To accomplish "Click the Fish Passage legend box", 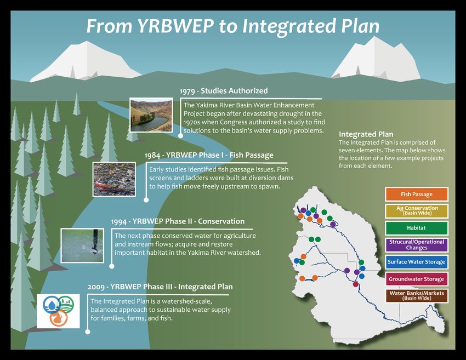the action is [416, 195].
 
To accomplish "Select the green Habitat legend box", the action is [416, 228].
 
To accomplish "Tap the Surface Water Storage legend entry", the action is [416, 262].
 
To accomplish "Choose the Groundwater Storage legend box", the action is [416, 279].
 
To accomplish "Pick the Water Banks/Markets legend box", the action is [416, 295].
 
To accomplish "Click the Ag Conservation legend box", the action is [416, 211].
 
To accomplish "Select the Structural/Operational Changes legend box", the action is [416, 245].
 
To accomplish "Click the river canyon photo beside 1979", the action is [151, 115].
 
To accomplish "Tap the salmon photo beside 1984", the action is [114, 179].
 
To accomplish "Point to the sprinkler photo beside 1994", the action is [82, 245].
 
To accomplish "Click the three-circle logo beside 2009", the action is [58, 311].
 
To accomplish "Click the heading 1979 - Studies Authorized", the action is [224, 91].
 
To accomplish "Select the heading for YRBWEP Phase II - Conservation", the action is [178, 221].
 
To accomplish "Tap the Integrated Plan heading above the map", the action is [366, 134].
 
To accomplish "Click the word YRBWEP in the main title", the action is [175, 26].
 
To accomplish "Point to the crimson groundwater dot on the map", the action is [355, 284].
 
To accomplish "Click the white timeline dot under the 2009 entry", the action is [87, 332].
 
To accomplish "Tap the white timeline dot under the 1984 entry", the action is [146, 200].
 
